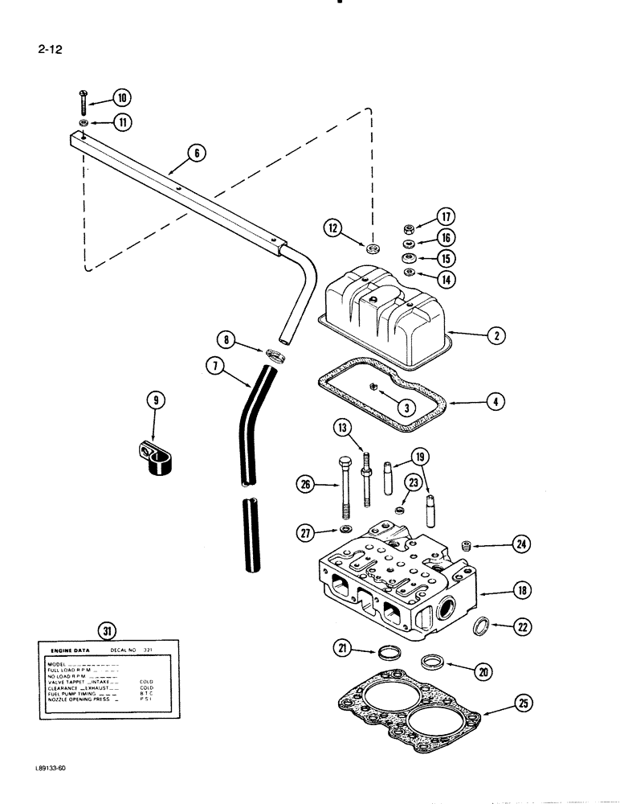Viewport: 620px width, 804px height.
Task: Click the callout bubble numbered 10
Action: [x=122, y=99]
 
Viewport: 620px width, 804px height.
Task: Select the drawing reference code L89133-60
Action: [x=40, y=770]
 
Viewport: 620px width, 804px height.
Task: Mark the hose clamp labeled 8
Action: [x=274, y=355]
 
